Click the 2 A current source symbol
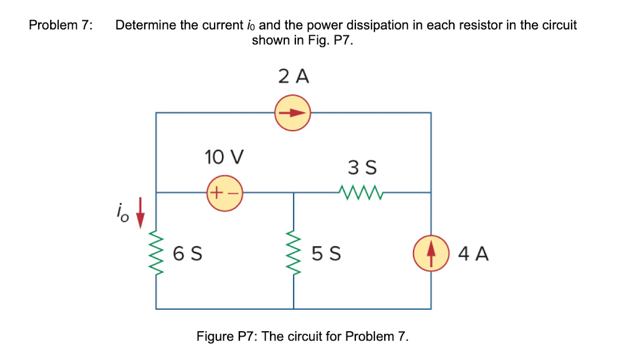click(293, 112)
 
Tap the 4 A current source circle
click(431, 253)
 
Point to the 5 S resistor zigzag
click(294, 253)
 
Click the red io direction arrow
click(138, 219)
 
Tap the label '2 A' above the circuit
click(293, 76)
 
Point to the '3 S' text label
click(362, 168)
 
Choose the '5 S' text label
click(326, 253)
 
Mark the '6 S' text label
click(187, 253)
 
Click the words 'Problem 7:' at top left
click(61, 25)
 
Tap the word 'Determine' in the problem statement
click(146, 25)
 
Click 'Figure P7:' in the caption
click(227, 336)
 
